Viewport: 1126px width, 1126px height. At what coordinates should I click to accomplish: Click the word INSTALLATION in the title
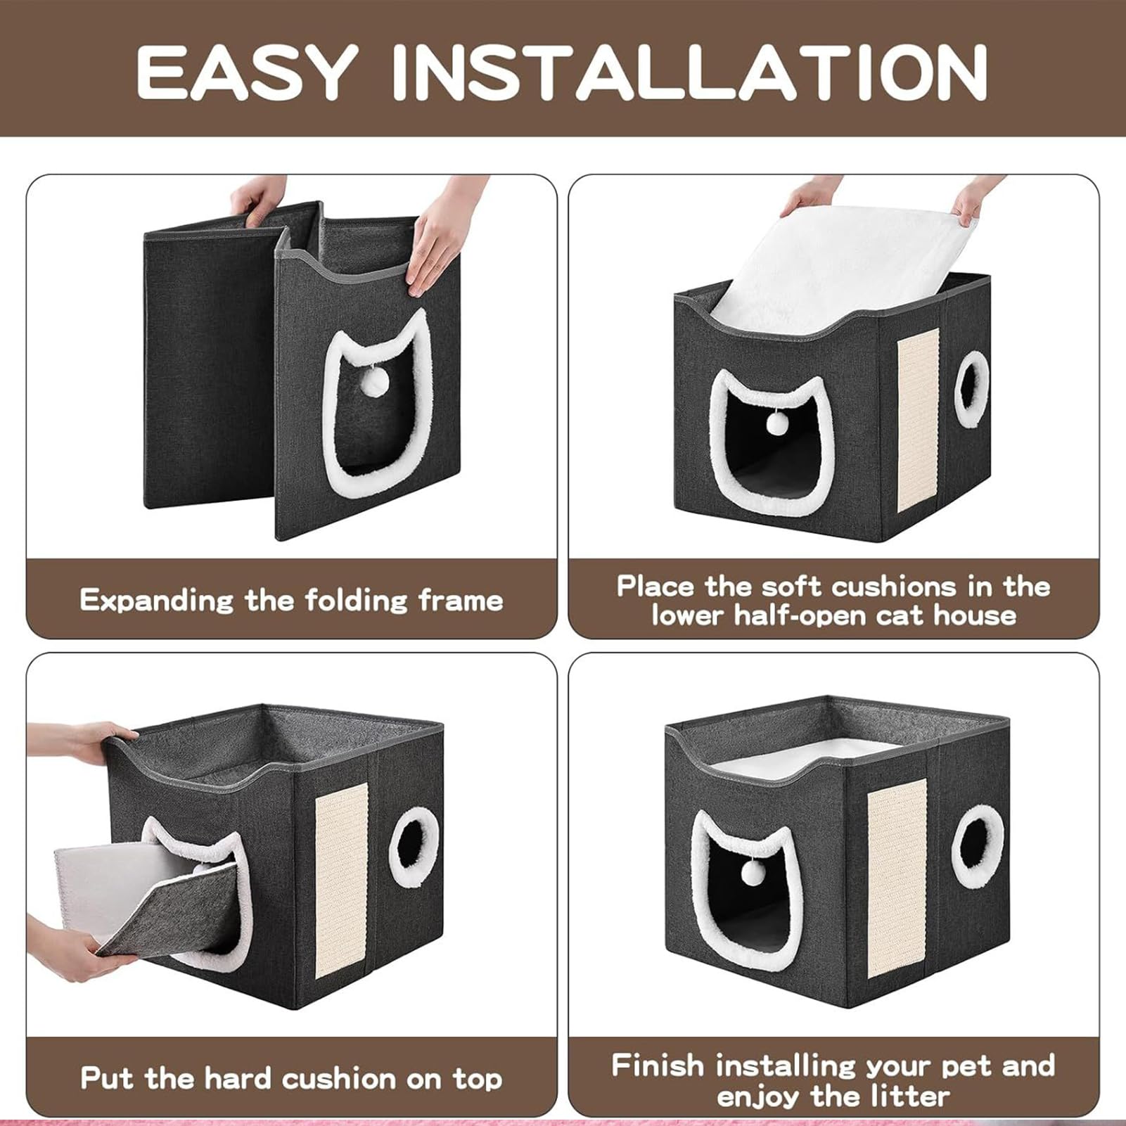click(x=690, y=72)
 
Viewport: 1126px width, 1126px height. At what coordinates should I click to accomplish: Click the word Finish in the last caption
click(x=657, y=1066)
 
